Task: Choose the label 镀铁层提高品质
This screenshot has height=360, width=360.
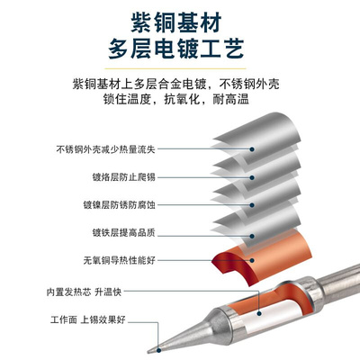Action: coord(122,233)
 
